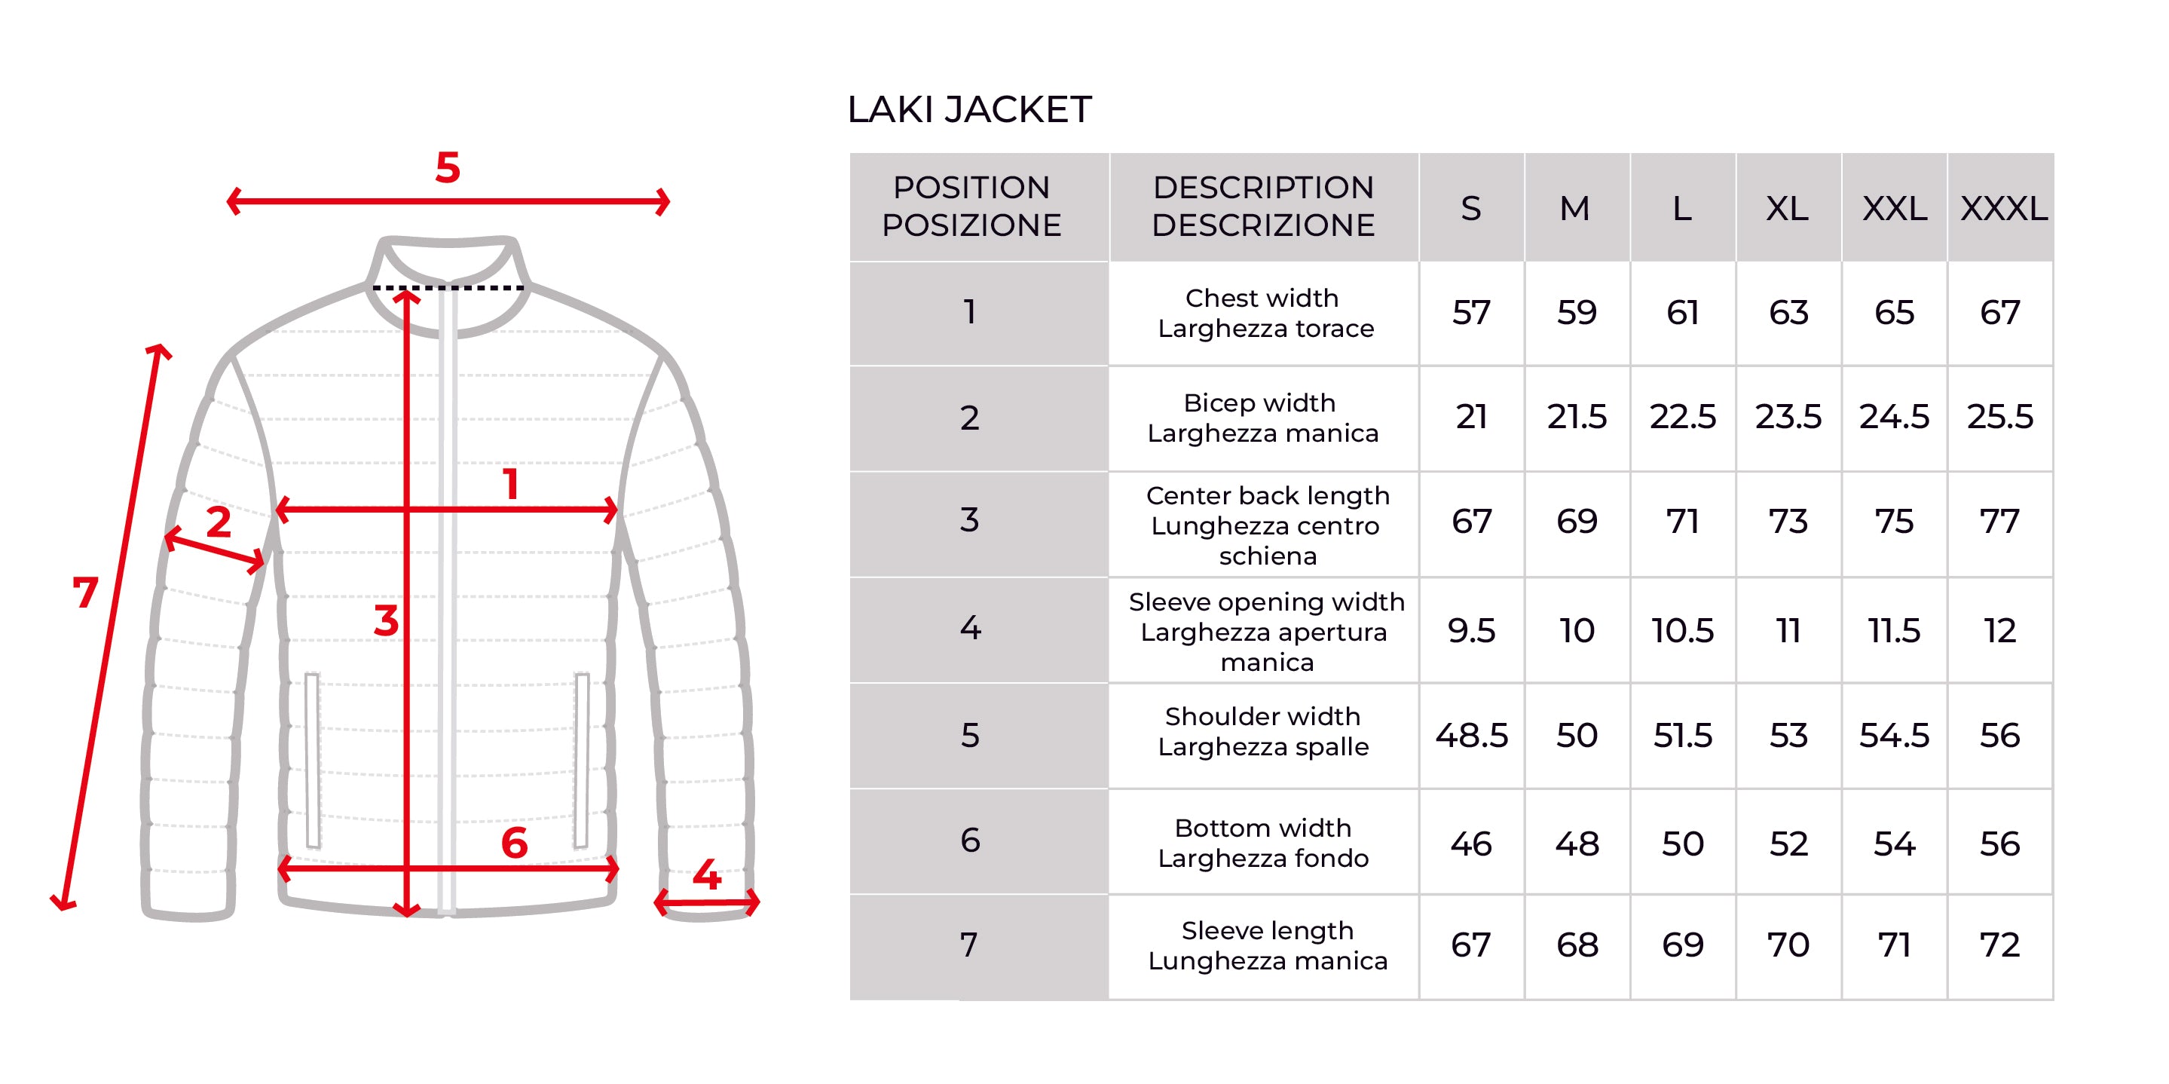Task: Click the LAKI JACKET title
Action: (969, 109)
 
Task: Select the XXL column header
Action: (1895, 208)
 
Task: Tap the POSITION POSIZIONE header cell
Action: (971, 207)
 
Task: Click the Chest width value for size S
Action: (1471, 313)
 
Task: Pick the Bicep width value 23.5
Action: (1788, 417)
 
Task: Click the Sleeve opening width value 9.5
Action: (1471, 630)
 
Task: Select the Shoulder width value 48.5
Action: (1471, 735)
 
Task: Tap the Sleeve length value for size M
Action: (1577, 945)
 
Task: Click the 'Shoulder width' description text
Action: (1263, 716)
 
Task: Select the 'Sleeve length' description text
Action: (1267, 930)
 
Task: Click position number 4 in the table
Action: (970, 627)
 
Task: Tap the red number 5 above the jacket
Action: (448, 167)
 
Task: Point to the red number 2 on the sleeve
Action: (219, 522)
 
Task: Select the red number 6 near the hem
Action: (515, 843)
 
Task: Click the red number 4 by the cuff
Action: (706, 875)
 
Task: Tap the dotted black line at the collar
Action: (448, 288)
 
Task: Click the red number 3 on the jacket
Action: (387, 620)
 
